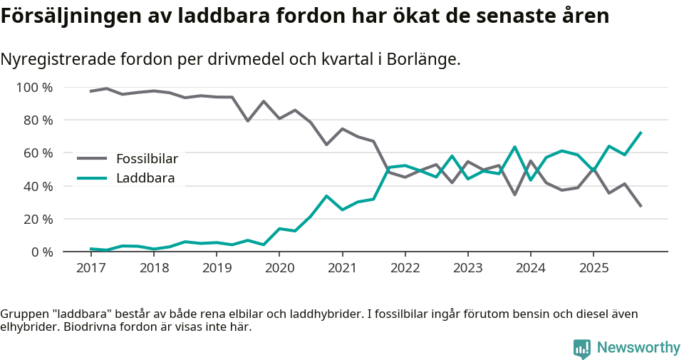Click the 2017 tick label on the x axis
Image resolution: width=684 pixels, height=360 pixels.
tap(90, 269)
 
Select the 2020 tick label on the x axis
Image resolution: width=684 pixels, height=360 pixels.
tap(279, 269)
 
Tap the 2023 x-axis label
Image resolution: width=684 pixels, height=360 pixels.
tap(467, 269)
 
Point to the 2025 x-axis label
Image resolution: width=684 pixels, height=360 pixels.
tap(594, 269)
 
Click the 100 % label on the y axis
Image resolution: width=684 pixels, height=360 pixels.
tap(34, 88)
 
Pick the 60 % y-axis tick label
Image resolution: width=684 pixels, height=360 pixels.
tap(38, 153)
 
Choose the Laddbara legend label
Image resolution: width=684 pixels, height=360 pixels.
tap(145, 178)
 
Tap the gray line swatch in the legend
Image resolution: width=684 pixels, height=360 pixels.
tap(92, 158)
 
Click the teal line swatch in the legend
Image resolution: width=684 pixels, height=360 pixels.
tap(92, 178)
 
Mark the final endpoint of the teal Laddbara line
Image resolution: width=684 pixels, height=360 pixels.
tap(641, 132)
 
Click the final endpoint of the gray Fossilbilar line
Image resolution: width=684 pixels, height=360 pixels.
tap(641, 207)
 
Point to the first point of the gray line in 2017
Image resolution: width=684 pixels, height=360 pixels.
tap(90, 91)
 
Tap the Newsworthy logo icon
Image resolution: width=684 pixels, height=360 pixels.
tap(582, 348)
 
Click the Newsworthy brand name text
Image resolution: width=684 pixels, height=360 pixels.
tap(638, 348)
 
